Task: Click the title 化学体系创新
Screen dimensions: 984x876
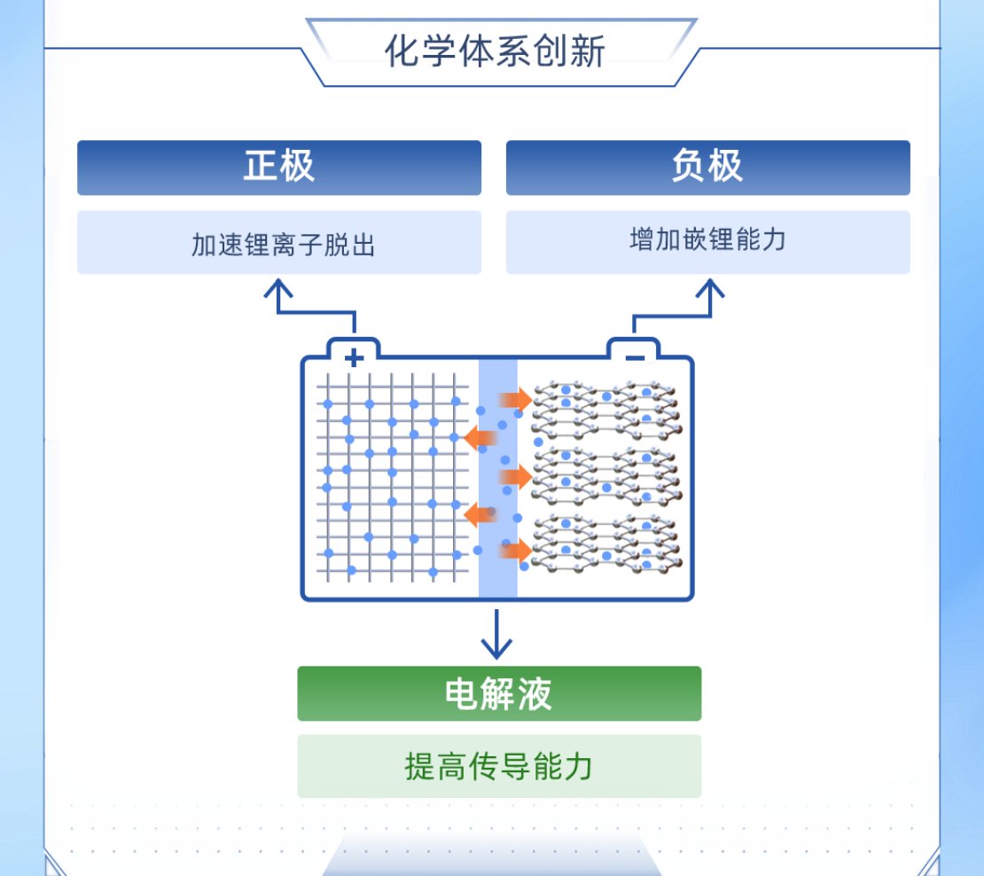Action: [495, 51]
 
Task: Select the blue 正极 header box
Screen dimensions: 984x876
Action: [279, 168]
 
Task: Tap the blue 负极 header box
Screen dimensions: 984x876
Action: [708, 168]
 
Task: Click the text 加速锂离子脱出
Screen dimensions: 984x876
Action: [283, 245]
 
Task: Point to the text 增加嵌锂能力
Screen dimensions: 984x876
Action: [708, 239]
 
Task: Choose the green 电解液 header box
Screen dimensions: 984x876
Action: [499, 693]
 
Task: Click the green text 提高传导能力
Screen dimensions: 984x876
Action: [499, 766]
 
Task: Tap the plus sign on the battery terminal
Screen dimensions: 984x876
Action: [354, 357]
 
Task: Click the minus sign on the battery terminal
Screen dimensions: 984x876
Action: [635, 358]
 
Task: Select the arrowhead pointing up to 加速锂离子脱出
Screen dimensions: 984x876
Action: [278, 289]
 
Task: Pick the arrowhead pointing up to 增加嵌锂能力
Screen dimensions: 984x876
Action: [710, 289]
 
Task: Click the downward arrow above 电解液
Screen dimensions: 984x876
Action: [496, 634]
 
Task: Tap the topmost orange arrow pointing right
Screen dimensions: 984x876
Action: [515, 400]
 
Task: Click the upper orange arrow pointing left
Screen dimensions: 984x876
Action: [480, 437]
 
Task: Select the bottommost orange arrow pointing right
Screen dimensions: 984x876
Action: [515, 551]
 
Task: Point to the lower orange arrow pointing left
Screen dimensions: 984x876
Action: [480, 514]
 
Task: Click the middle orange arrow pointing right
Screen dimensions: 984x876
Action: [515, 477]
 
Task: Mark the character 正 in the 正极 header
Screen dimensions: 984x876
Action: [261, 167]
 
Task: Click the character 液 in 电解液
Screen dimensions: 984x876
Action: [535, 694]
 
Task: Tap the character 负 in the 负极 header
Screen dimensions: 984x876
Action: [689, 167]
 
